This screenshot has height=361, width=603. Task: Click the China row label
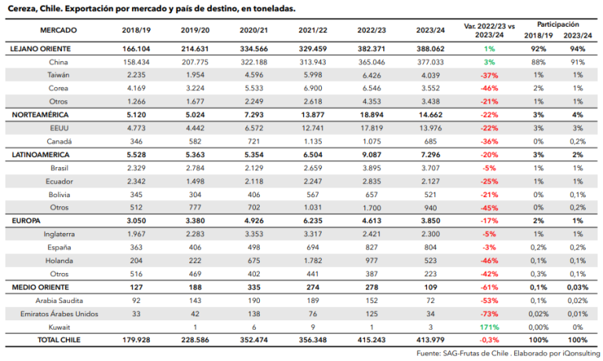coord(58,62)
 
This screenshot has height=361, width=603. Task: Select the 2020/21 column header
coord(254,31)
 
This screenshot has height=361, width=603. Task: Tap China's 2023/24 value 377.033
coord(430,62)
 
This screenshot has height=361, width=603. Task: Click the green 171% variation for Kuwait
coord(489,327)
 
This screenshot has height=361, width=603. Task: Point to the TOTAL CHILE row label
coord(59,340)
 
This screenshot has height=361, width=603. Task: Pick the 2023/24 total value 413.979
coord(430,340)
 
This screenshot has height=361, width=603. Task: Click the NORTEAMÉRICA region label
coord(40,115)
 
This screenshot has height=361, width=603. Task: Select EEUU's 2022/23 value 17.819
coord(371,128)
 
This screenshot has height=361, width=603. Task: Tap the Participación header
coord(558,24)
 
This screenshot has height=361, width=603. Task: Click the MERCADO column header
coord(58,31)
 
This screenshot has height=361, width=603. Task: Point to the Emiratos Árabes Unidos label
coord(59,314)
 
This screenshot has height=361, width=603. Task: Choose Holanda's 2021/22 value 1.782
coord(312,261)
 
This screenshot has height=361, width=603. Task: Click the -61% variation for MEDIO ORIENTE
coord(489,287)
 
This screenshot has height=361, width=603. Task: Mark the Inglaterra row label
coord(59,234)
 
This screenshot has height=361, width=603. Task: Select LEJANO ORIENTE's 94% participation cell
coord(578,49)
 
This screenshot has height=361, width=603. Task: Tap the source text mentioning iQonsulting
coord(508,353)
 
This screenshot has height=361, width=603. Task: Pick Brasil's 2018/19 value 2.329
coord(136,168)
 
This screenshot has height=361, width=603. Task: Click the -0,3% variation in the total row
coord(489,340)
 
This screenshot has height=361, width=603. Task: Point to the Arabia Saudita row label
coord(59,301)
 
